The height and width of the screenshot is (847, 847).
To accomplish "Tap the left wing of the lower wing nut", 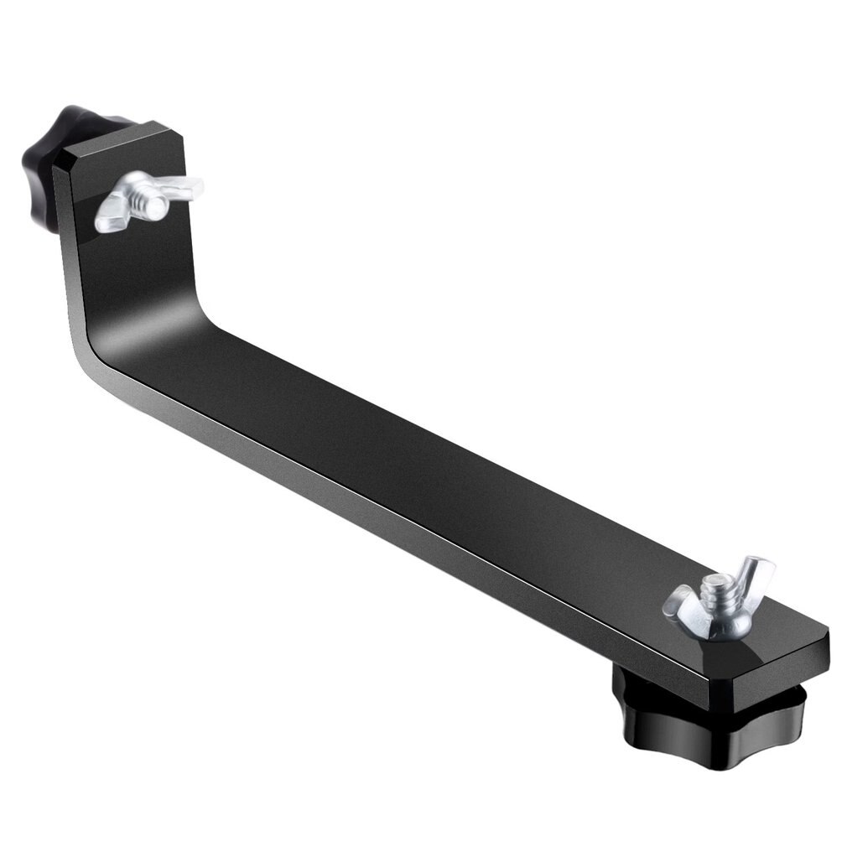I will [681, 602].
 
